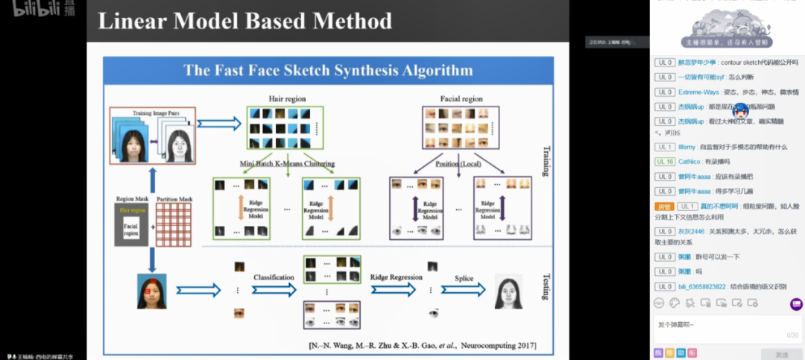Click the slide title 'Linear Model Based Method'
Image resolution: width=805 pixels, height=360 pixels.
coord(244,21)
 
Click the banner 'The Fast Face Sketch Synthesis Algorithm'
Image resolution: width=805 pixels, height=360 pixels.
coord(328,71)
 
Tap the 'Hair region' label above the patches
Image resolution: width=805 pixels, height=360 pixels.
coord(287,98)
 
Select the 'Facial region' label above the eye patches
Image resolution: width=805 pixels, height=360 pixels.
coord(462,98)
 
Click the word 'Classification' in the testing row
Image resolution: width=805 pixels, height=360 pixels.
coord(274,277)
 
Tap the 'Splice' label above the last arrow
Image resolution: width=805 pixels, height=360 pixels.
coord(464,278)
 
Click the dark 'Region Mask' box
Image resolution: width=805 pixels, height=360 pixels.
coord(131,225)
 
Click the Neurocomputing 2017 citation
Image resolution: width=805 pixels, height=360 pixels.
coord(422,346)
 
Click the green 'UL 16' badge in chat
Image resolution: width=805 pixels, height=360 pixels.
coord(665,162)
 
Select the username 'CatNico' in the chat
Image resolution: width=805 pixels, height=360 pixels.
coord(690,162)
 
